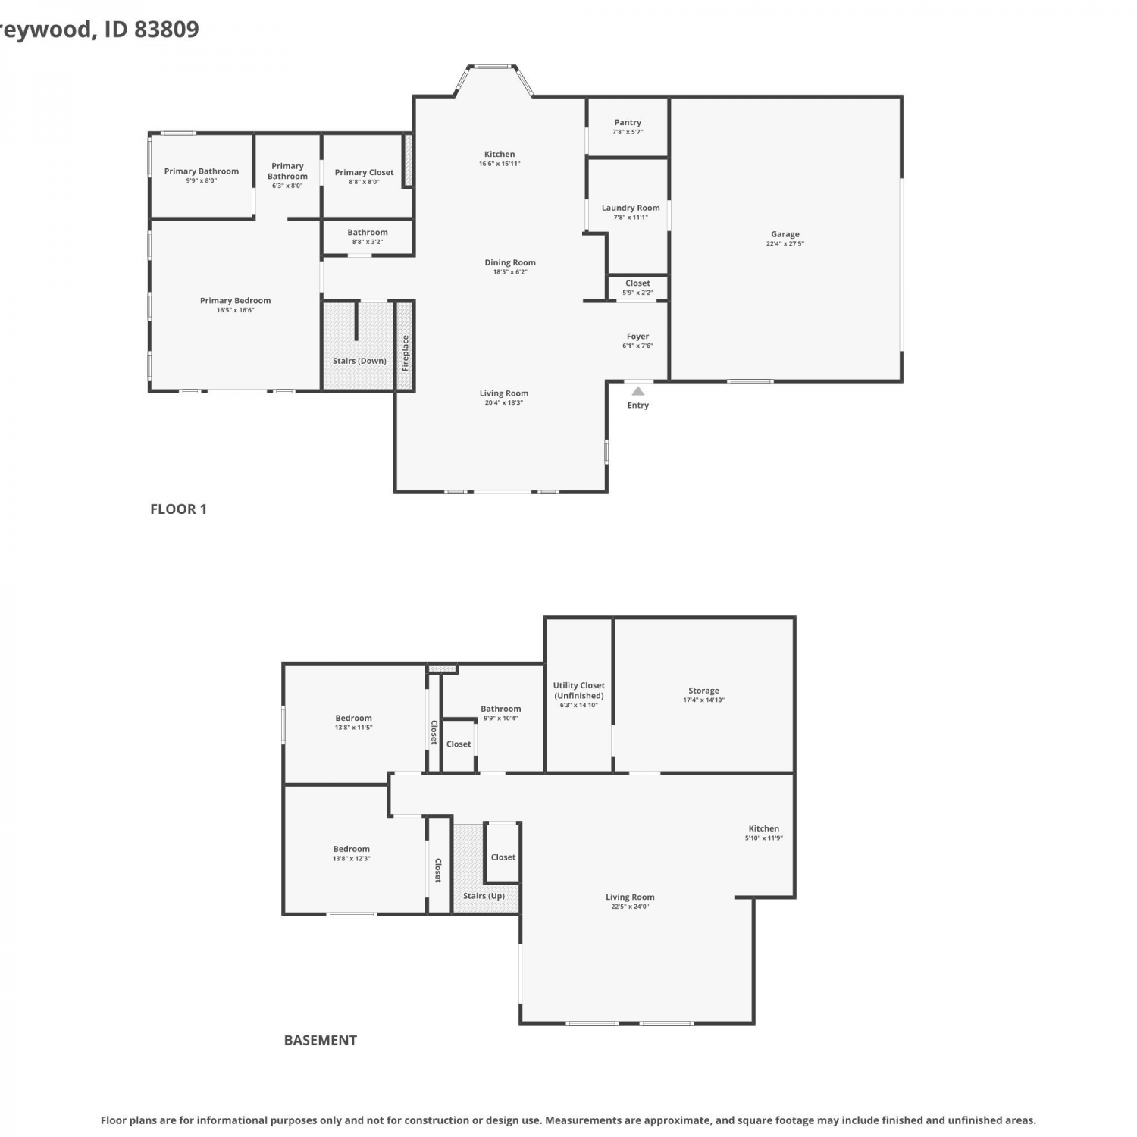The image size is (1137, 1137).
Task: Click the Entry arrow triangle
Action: (x=638, y=391)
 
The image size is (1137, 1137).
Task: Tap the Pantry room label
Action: (x=628, y=122)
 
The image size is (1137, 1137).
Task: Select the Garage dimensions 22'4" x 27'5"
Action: (x=785, y=244)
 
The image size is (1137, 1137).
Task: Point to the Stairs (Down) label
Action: (x=359, y=361)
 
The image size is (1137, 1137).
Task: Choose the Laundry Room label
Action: (x=631, y=208)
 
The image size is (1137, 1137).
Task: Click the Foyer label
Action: (x=637, y=337)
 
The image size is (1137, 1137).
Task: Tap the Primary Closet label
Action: (x=364, y=172)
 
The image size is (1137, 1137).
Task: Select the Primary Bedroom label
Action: (x=235, y=301)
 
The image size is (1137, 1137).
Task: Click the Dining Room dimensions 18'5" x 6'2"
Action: (x=510, y=272)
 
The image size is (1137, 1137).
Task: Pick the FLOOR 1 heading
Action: (x=178, y=509)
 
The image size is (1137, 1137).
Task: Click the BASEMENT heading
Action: (x=321, y=1041)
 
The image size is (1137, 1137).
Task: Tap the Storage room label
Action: (x=703, y=691)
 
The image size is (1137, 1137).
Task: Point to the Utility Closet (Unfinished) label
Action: (x=579, y=691)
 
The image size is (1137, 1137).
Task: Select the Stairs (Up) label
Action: (x=484, y=896)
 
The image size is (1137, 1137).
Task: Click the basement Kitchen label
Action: (x=763, y=828)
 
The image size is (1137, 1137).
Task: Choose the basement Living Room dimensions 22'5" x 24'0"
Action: (x=630, y=907)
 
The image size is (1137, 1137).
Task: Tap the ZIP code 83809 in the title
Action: (x=167, y=29)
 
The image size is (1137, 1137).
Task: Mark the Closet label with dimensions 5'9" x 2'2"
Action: (x=637, y=283)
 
